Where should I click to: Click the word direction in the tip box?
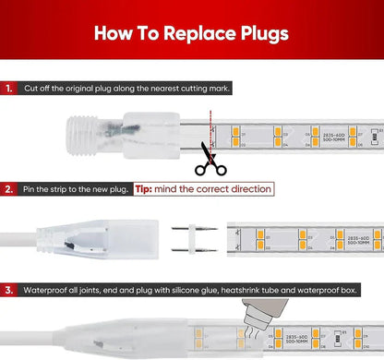pyautogui.click(x=247, y=189)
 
